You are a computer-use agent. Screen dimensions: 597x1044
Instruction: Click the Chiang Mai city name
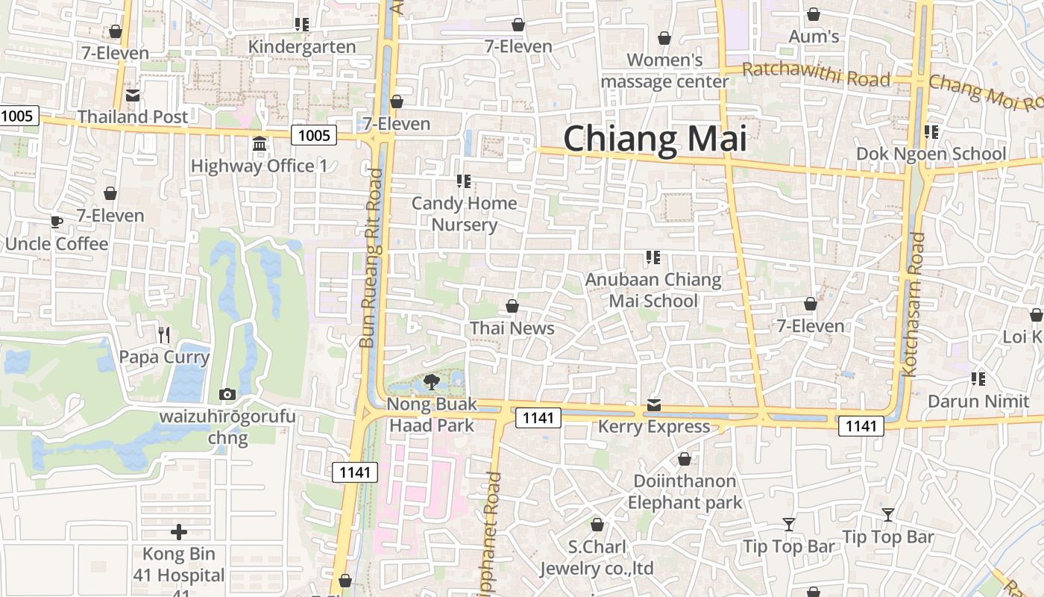click(655, 140)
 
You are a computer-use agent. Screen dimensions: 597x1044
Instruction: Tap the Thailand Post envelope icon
click(133, 96)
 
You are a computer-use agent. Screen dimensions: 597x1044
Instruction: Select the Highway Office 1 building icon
click(260, 143)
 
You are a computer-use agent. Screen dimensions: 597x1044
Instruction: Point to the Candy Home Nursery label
click(464, 214)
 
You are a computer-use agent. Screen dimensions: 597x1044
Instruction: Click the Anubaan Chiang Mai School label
click(653, 290)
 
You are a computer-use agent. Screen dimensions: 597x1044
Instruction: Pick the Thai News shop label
click(512, 328)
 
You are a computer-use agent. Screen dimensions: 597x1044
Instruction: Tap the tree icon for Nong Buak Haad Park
click(431, 383)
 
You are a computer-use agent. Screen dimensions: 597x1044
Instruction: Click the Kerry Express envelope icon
click(654, 404)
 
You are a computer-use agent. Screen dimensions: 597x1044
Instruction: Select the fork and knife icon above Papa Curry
click(164, 334)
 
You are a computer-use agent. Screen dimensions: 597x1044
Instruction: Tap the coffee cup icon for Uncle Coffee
click(56, 222)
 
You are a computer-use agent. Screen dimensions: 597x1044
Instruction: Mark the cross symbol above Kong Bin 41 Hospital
click(179, 532)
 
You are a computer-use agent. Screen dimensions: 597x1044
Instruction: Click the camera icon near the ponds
click(227, 394)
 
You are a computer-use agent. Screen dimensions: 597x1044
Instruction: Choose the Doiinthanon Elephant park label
click(685, 492)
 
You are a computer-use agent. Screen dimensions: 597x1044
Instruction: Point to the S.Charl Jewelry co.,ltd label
click(597, 557)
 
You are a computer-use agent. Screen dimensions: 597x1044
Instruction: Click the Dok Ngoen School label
click(931, 154)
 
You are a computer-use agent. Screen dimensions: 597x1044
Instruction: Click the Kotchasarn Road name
click(913, 304)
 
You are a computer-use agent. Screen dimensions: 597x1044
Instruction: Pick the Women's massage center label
click(664, 71)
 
